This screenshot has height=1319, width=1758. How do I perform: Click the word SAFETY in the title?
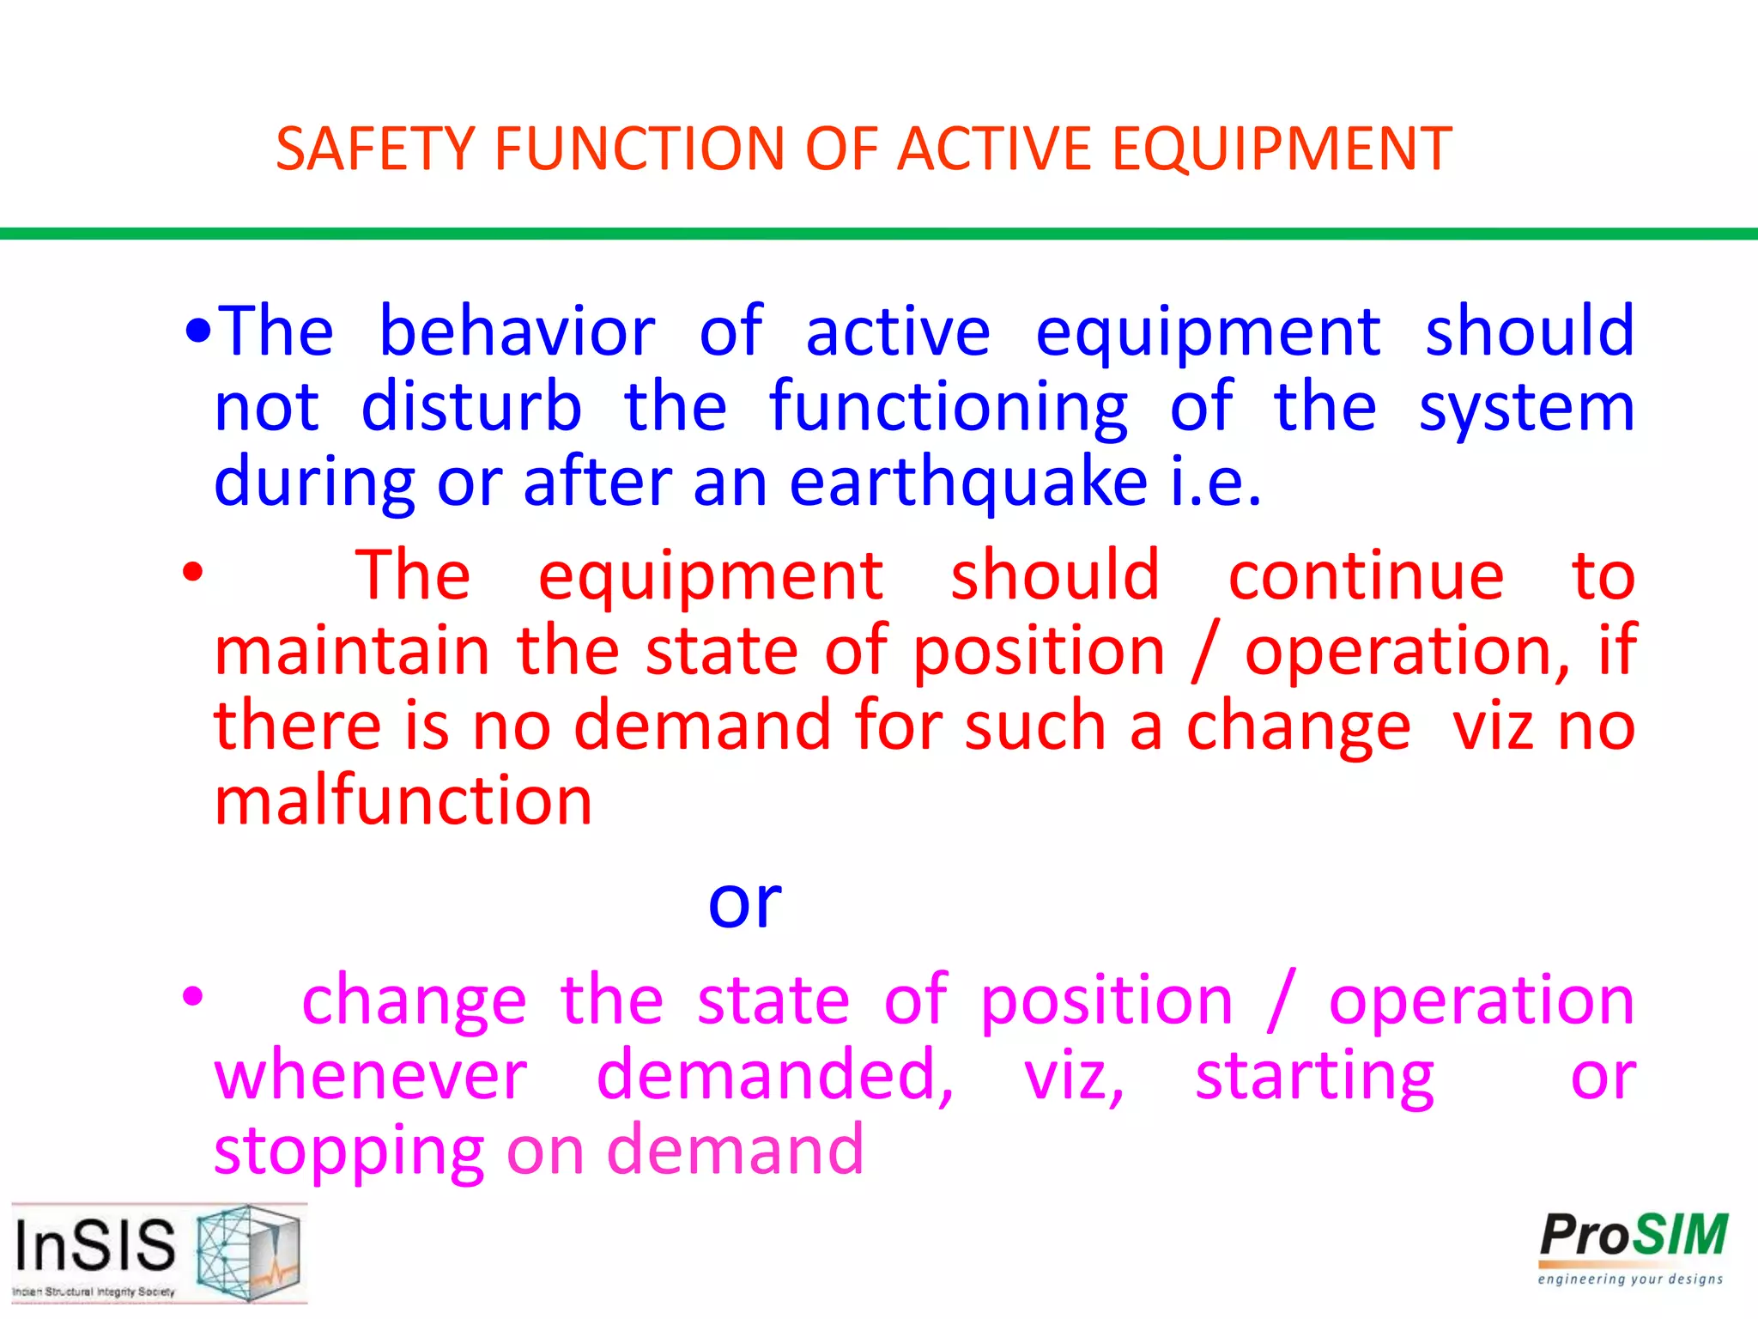click(x=375, y=149)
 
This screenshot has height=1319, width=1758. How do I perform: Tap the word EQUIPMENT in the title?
click(x=1281, y=149)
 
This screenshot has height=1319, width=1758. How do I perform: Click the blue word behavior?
click(x=517, y=331)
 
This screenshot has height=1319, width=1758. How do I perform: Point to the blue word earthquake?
click(x=967, y=483)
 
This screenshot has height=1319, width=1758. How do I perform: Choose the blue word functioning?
click(x=948, y=407)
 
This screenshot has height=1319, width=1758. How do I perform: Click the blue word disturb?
click(x=470, y=407)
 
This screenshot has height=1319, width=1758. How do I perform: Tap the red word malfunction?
click(x=403, y=800)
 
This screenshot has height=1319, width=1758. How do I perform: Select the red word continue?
click(x=1365, y=575)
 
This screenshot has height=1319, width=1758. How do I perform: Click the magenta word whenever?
click(x=371, y=1075)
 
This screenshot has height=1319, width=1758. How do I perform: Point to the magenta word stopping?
click(x=349, y=1151)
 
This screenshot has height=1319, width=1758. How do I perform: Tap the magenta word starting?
click(x=1314, y=1075)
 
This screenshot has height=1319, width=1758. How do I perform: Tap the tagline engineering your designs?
click(x=1630, y=1279)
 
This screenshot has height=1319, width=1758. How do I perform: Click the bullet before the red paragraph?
click(x=192, y=573)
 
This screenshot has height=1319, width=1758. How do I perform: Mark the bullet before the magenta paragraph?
click(x=192, y=997)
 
